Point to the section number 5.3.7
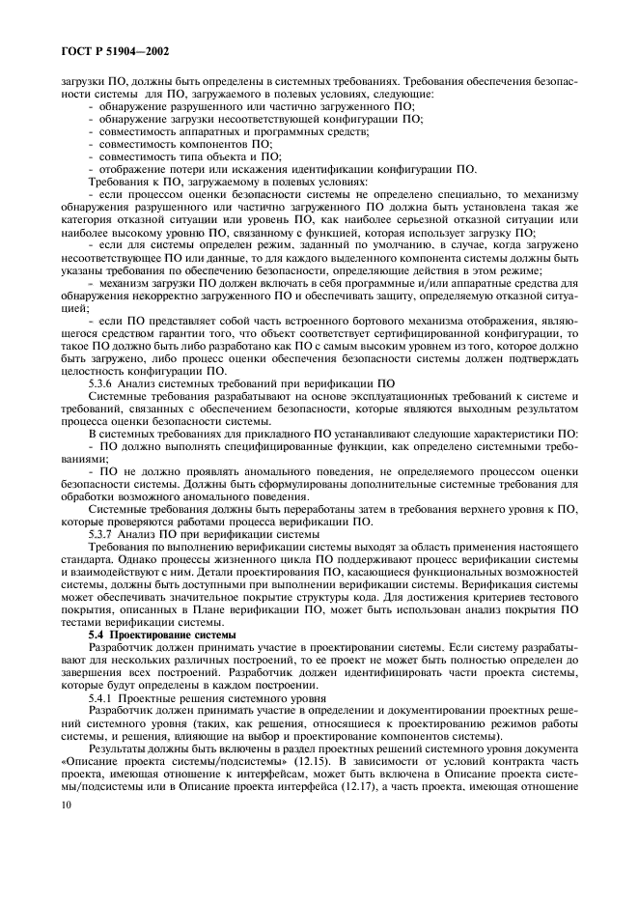[x=102, y=533]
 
